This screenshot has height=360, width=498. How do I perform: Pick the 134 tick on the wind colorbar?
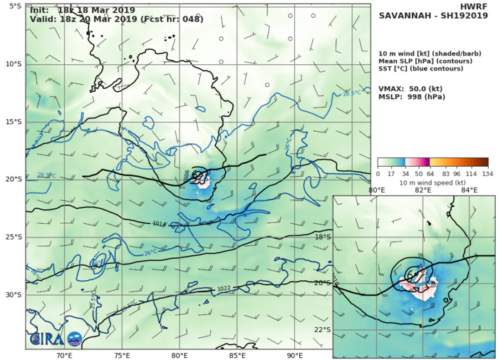pyautogui.click(x=487, y=173)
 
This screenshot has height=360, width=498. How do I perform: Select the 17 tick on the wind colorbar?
pyautogui.click(x=392, y=173)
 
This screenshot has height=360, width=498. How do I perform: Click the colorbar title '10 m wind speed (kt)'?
pyautogui.click(x=432, y=182)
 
